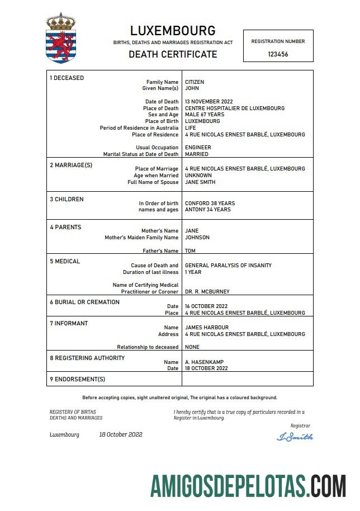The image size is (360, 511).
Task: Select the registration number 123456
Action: [x=278, y=54]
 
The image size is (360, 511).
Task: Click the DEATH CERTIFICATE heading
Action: [x=173, y=54]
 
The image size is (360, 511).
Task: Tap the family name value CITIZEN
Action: [x=195, y=82]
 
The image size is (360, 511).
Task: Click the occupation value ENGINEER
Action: [x=198, y=148]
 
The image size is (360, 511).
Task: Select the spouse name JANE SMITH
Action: [x=200, y=182]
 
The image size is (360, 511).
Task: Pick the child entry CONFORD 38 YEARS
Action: [x=210, y=204]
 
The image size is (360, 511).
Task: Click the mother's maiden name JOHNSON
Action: [x=197, y=238]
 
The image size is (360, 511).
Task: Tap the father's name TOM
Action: [x=190, y=251]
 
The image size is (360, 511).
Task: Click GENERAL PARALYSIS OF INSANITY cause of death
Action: [x=228, y=266]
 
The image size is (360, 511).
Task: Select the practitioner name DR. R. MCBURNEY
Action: [x=207, y=292]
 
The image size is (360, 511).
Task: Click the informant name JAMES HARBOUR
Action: [x=207, y=328]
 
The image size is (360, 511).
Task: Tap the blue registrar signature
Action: [x=295, y=437]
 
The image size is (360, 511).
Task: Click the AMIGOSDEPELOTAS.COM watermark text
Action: [x=248, y=485]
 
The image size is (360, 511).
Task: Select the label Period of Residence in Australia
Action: [x=139, y=128]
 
